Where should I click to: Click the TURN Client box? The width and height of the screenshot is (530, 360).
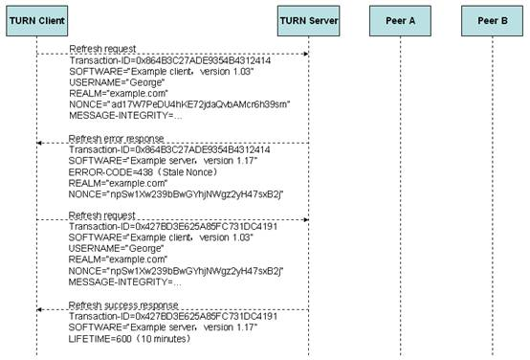[37, 21]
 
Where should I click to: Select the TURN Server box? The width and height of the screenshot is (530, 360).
[309, 21]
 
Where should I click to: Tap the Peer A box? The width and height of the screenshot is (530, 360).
[400, 21]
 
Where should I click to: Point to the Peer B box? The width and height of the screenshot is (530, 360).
[492, 21]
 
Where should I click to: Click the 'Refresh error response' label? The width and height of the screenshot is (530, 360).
[116, 139]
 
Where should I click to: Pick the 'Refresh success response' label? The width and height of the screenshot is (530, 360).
[123, 305]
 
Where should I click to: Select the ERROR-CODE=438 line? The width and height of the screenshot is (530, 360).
[143, 172]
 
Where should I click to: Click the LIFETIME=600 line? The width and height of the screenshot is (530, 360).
[129, 339]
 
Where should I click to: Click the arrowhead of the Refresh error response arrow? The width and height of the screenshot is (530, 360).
[39, 143]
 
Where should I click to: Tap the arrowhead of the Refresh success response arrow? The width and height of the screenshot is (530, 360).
[39, 309]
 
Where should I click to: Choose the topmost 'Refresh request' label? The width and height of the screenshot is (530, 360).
[102, 49]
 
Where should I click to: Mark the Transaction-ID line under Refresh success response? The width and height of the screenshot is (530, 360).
[173, 316]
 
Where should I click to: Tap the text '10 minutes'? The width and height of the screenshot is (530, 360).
[165, 339]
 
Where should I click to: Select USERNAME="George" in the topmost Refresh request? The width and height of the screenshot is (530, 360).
[117, 82]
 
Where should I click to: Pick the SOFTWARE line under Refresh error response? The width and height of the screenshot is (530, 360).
[163, 161]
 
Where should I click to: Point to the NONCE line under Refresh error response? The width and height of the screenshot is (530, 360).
[176, 194]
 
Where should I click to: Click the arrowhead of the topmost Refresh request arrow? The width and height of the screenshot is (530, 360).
[306, 54]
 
